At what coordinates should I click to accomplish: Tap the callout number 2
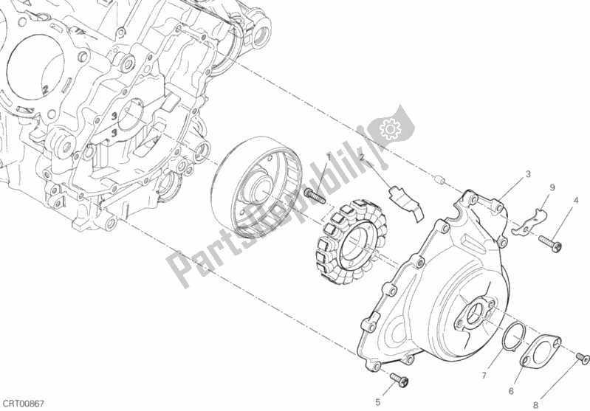[363, 158]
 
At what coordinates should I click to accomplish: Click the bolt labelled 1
[314, 196]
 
